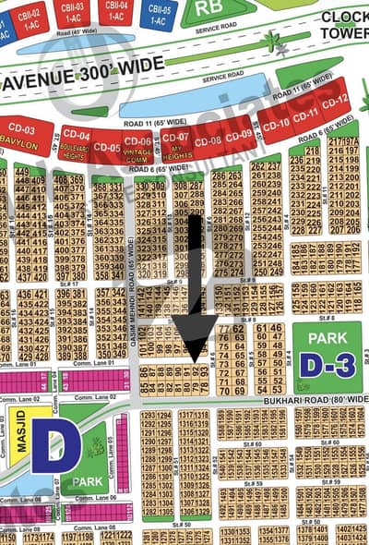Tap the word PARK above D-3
[x=327, y=338]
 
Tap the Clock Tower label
[x=343, y=24]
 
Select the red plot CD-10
[x=277, y=122]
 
